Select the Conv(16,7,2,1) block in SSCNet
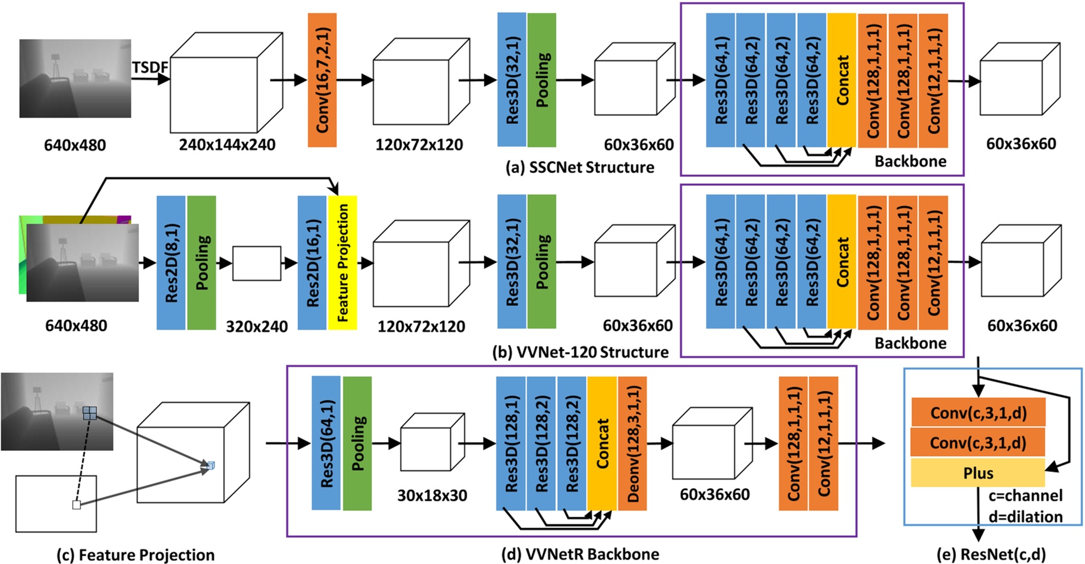coord(322,80)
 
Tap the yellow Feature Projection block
coord(342,263)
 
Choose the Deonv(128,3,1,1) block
coord(632,443)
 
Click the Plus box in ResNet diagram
coord(977,473)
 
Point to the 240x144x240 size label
coord(227,145)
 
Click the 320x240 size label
coord(257,326)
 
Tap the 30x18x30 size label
coord(432,496)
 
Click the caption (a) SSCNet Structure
coord(580,167)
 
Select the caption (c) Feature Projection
coord(135,555)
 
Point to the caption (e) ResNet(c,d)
coord(991,554)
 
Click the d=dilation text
coord(1026,517)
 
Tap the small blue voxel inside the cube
coord(211,466)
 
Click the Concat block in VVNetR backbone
coord(602,443)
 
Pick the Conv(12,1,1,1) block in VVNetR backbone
coord(823,443)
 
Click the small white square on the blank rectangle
coord(77,505)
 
